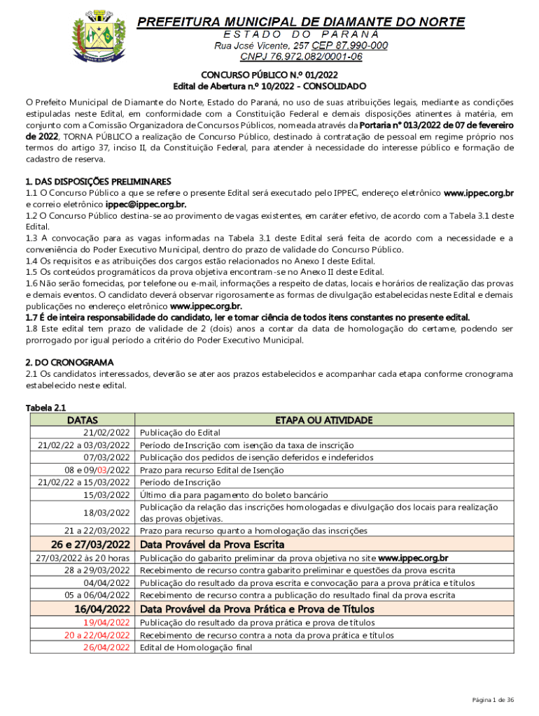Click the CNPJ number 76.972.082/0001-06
(x=301, y=57)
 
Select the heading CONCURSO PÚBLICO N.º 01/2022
(x=269, y=75)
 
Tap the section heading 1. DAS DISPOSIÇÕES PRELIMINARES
(x=99, y=181)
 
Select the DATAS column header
(x=82, y=420)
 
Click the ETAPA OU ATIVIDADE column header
(x=323, y=420)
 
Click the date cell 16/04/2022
(x=102, y=609)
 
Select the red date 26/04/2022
(x=107, y=647)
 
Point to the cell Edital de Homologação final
(x=195, y=647)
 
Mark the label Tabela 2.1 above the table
(x=45, y=408)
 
